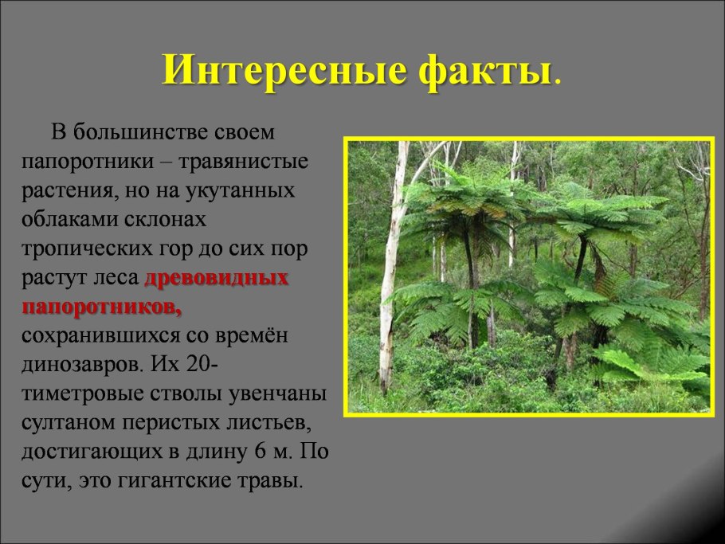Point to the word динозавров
pyautogui.click(x=84, y=365)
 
